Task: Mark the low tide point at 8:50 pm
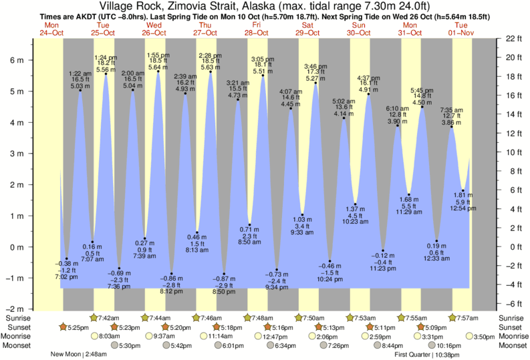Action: (x=224, y=274)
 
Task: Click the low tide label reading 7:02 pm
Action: (x=66, y=275)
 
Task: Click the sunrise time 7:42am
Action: (x=108, y=318)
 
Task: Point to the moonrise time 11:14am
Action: (x=222, y=337)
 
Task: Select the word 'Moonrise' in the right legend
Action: (x=511, y=337)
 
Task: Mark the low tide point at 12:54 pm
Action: (x=462, y=192)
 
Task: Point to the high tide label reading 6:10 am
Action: (x=397, y=108)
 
